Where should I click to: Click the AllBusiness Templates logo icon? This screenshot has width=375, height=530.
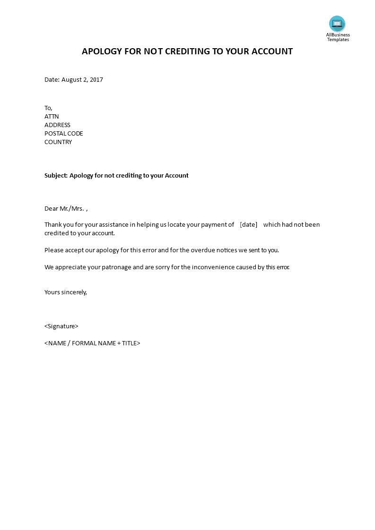tap(337, 23)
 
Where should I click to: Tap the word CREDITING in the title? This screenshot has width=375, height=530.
tap(187, 51)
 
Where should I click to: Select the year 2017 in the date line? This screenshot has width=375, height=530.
tap(96, 80)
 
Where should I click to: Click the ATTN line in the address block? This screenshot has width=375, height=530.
tap(52, 117)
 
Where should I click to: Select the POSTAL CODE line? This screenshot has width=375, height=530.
tap(63, 134)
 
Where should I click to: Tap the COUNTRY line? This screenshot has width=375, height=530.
tap(58, 142)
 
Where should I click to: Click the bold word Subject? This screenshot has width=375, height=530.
tap(56, 176)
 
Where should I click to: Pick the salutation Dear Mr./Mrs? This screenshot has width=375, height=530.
tap(65, 208)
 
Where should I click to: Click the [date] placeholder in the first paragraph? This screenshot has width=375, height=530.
tap(249, 225)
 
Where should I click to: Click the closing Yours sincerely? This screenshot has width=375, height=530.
tap(66, 292)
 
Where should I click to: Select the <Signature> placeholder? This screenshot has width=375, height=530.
tap(61, 326)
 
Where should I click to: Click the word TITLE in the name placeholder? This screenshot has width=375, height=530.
tap(129, 343)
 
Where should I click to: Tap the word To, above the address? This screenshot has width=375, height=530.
tap(49, 108)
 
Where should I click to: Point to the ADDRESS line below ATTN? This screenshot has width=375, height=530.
tap(57, 125)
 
